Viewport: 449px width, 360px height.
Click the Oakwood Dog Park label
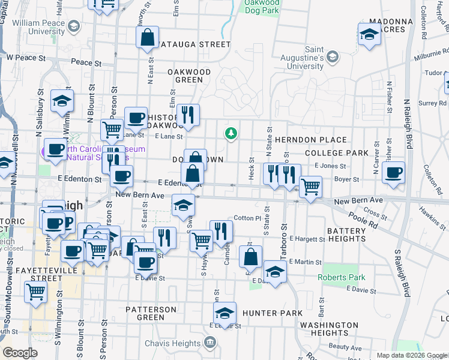click(262, 7)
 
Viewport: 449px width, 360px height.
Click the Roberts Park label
click(341, 277)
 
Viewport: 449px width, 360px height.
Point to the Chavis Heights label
click(172, 343)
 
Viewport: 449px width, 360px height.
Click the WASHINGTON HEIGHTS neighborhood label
click(329, 329)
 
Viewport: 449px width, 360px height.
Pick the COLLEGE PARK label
click(336, 153)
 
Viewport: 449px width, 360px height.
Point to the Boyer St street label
click(347, 179)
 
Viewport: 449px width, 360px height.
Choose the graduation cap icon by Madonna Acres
click(369, 34)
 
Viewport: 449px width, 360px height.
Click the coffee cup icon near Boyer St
click(393, 173)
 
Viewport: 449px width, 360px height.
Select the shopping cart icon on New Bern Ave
click(310, 187)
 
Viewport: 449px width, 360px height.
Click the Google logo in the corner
click(20, 353)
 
